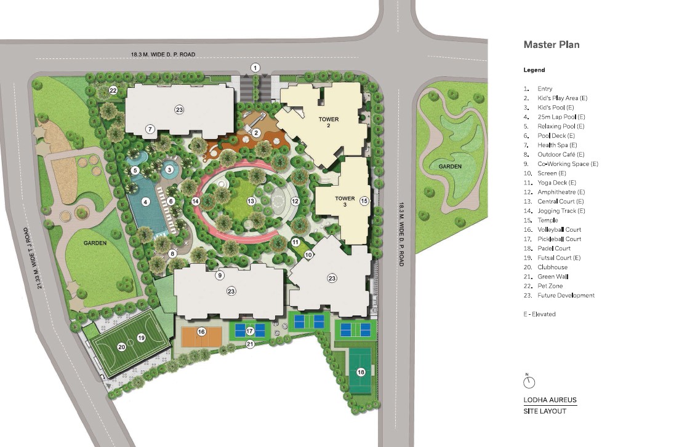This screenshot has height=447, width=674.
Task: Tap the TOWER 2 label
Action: click(329, 122)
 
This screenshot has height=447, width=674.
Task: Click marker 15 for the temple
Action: click(364, 200)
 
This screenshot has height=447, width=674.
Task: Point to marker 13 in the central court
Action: click(251, 201)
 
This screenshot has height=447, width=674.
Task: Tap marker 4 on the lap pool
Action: click(146, 202)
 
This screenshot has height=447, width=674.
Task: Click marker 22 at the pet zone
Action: click(113, 90)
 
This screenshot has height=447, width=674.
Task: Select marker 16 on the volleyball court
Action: click(201, 331)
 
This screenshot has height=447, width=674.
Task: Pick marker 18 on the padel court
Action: click(361, 371)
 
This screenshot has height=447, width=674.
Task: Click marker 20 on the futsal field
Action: click(122, 347)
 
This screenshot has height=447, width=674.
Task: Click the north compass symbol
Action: click(529, 382)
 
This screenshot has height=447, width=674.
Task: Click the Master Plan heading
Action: click(551, 44)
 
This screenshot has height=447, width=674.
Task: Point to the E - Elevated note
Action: click(539, 314)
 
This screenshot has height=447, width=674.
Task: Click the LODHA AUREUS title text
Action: click(550, 400)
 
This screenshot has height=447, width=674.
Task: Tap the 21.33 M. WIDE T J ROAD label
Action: click(41, 258)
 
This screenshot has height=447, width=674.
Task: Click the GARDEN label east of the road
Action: click(451, 167)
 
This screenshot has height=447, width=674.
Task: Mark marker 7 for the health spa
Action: click(150, 129)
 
